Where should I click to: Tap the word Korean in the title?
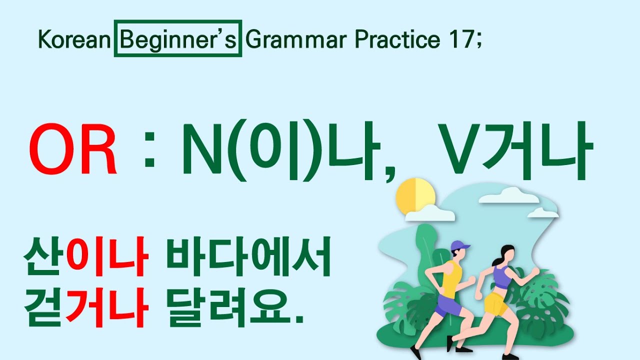(74, 39)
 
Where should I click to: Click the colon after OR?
(148, 152)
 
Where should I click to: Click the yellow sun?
(414, 196)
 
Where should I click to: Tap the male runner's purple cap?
(459, 246)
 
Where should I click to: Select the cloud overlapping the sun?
(430, 214)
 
